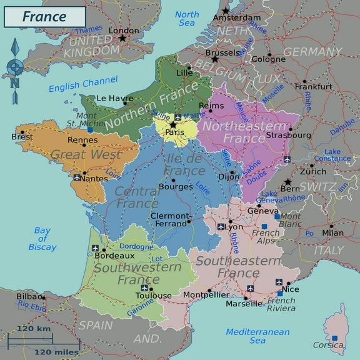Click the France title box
(x=44, y=16)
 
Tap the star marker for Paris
(x=173, y=124)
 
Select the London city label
(x=124, y=30)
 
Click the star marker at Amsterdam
(x=225, y=11)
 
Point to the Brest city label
(x=22, y=136)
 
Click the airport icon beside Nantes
(x=77, y=178)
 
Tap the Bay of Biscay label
(x=42, y=239)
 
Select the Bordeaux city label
(x=114, y=255)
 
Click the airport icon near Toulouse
(x=145, y=288)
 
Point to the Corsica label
(x=328, y=344)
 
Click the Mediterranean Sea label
(x=257, y=336)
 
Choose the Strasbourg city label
(x=288, y=134)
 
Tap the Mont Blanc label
(x=290, y=219)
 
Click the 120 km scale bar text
(x=34, y=329)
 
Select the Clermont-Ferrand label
(x=169, y=219)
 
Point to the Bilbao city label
(x=30, y=296)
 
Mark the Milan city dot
(x=331, y=226)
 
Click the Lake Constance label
(x=337, y=154)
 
